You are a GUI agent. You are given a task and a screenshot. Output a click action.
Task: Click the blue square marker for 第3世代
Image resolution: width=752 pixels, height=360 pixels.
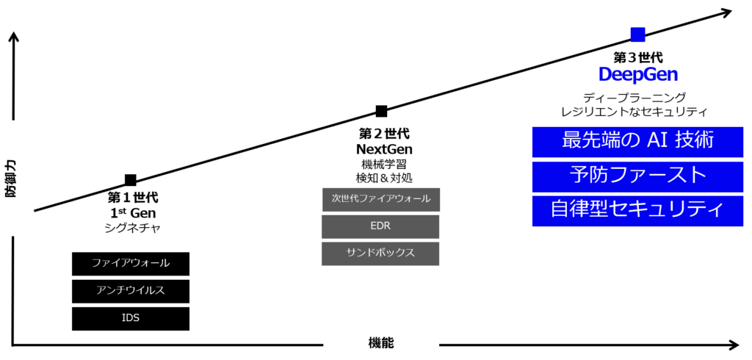click(x=638, y=35)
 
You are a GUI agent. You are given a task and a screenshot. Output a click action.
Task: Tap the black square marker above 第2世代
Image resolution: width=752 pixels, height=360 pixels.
click(x=381, y=112)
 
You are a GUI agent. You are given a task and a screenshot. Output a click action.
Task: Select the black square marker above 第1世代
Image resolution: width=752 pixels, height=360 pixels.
click(x=131, y=180)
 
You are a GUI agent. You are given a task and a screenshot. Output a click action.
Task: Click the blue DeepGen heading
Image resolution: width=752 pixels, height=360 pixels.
click(x=638, y=75)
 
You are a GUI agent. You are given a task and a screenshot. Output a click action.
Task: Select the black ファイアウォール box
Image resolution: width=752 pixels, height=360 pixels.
click(x=131, y=264)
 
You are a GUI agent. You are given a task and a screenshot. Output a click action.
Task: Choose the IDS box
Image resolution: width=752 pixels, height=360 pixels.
click(x=131, y=319)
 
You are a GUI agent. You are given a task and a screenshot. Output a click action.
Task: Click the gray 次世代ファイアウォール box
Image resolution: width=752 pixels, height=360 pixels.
click(x=381, y=199)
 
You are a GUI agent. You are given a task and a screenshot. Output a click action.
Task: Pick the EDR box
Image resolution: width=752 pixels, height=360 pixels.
click(x=381, y=226)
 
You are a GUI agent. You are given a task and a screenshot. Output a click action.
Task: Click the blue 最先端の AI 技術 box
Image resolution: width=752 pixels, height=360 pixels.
click(x=638, y=142)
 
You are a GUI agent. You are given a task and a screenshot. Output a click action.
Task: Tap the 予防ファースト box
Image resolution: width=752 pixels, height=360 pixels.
click(x=638, y=176)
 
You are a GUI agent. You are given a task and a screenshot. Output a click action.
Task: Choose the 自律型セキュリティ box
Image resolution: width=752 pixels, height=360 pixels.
click(x=638, y=211)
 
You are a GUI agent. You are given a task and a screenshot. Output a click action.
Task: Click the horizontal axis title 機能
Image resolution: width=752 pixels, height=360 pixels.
click(x=381, y=343)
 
